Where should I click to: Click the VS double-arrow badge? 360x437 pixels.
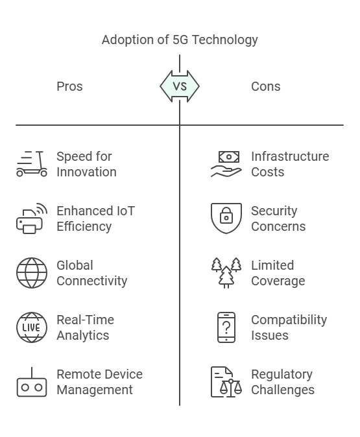180,86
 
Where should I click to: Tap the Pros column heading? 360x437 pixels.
69,86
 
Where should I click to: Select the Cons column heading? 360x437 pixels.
266,86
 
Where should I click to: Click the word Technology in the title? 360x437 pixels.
225,40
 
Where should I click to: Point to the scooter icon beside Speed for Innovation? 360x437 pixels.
32,164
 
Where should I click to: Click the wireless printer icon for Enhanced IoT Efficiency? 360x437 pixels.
32,218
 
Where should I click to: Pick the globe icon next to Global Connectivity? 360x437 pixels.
32,273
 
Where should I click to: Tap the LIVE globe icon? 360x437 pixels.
32,327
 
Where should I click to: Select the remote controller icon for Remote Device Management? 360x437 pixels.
32,382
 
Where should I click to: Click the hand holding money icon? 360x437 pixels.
226,164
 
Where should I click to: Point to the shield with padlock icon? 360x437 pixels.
226,218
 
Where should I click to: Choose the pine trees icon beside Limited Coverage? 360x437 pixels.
226,273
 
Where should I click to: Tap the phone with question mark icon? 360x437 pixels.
226,327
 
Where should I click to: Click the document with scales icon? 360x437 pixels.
226,382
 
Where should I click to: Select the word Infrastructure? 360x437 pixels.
290,156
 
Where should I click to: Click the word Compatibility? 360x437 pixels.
289,320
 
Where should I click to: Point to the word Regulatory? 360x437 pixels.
282,375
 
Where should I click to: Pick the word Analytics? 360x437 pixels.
83,336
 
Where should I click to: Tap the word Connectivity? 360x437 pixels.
92,281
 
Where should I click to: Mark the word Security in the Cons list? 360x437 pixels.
274,211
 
